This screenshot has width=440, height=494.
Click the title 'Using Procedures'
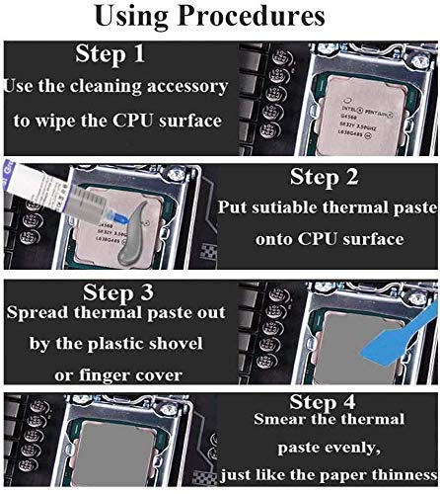click(x=220, y=18)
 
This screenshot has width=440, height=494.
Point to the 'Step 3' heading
click(x=117, y=292)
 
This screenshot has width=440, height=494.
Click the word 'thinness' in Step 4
click(x=399, y=472)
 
